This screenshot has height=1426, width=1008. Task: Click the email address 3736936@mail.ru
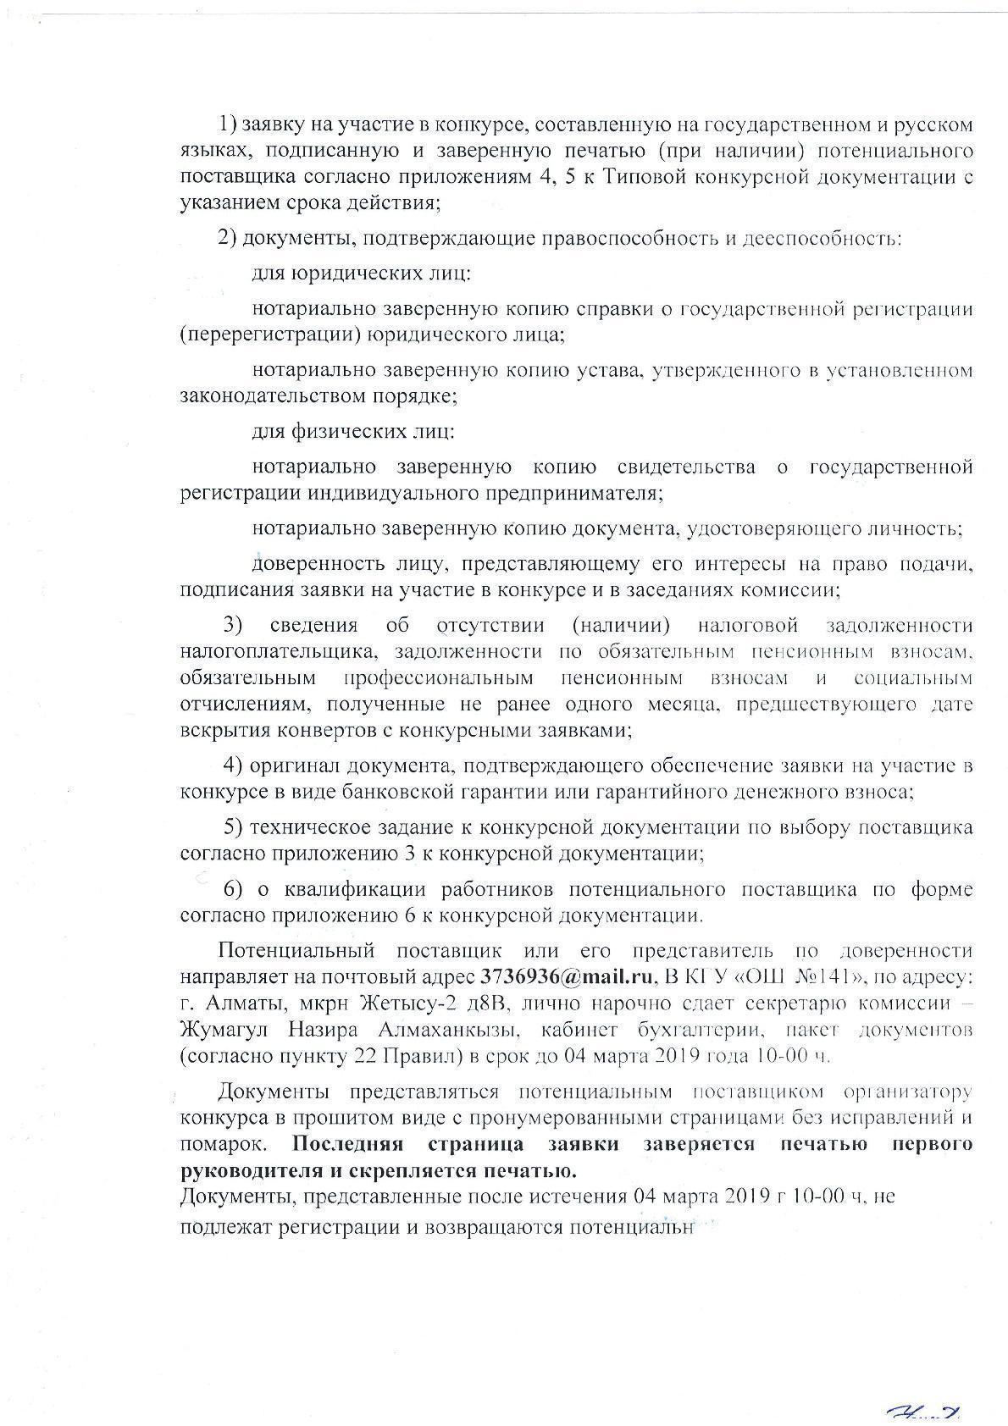click(x=568, y=976)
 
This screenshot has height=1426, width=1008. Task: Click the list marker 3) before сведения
click(x=233, y=625)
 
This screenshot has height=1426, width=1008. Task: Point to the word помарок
click(x=224, y=1144)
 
